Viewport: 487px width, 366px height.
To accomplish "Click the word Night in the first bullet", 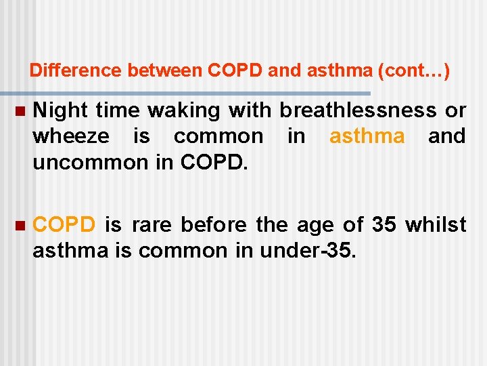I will [x=61, y=110].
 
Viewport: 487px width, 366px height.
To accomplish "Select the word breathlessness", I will [x=359, y=110].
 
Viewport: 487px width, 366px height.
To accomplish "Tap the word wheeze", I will [x=70, y=136].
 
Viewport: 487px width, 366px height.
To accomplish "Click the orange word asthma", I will [x=367, y=136].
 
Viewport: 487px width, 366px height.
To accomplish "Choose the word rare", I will [x=156, y=224].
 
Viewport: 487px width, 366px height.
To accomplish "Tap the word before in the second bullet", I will [x=218, y=224].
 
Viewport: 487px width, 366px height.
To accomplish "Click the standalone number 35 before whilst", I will [x=384, y=224].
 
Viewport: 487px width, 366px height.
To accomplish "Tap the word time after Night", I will [x=119, y=110].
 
